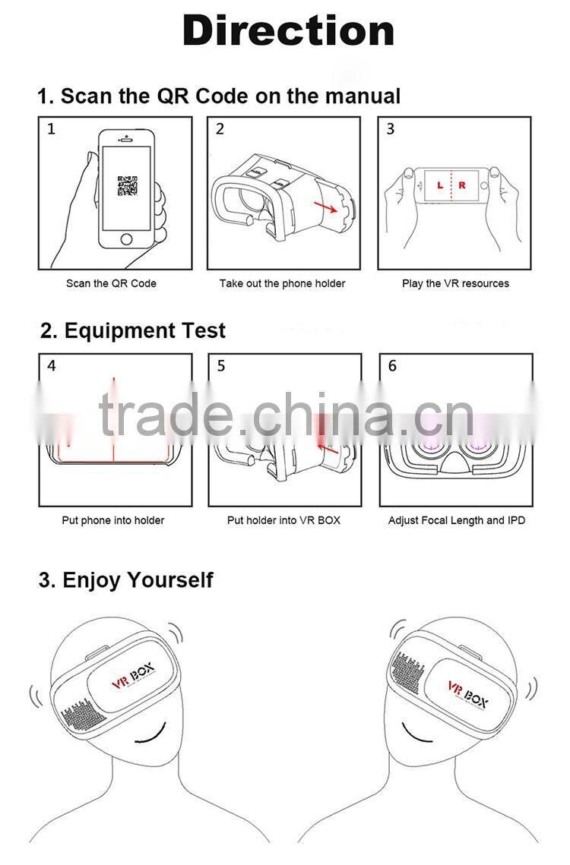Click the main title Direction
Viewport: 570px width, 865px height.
tap(288, 31)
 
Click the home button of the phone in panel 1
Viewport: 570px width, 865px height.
tap(127, 239)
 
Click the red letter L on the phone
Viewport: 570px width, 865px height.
tap(439, 185)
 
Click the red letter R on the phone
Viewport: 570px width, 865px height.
tap(461, 185)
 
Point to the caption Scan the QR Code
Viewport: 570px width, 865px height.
tap(111, 283)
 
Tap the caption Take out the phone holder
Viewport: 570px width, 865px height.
tap(282, 283)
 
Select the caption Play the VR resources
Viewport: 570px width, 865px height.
tap(455, 283)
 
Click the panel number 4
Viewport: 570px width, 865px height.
tap(51, 366)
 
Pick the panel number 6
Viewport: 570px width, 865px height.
tap(392, 366)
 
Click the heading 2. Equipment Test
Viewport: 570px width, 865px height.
tap(133, 331)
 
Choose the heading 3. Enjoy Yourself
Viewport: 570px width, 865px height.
tap(125, 580)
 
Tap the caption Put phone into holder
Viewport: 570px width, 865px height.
tap(112, 520)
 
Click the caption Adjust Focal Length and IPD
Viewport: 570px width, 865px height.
tap(456, 520)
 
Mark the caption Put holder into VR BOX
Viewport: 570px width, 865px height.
tap(283, 520)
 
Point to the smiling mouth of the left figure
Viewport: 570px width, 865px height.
tap(152, 734)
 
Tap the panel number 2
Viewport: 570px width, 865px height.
tap(220, 129)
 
